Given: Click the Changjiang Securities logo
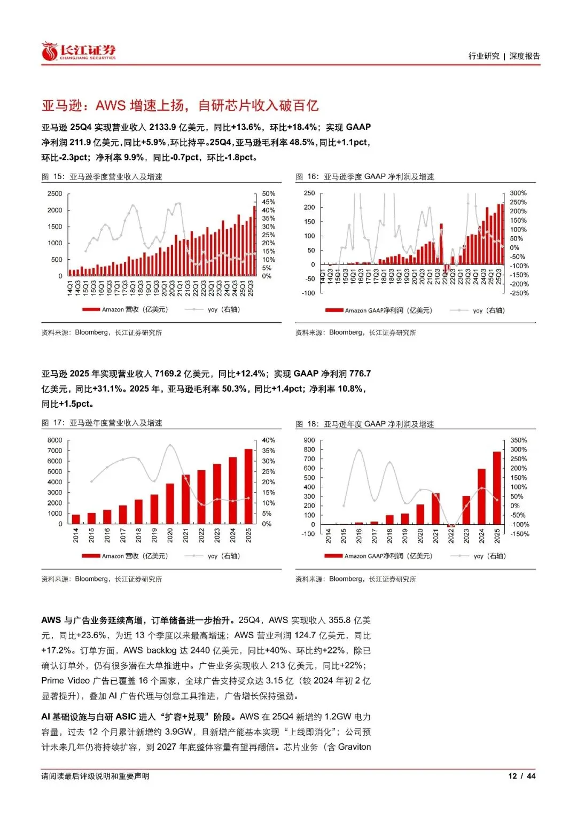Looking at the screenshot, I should pos(79,52).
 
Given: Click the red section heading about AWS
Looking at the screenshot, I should pos(180,105).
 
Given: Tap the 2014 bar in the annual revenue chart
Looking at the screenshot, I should pos(76,519).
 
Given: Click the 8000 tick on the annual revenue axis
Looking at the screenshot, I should pos(55,440).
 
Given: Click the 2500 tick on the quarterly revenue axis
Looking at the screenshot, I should pos(55,193).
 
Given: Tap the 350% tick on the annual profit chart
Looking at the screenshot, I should pos(518,440).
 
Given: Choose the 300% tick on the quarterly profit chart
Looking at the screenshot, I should pos(518,193).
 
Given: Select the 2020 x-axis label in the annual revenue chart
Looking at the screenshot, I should pos(170,535).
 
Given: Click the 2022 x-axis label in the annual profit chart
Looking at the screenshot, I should pos(451,536).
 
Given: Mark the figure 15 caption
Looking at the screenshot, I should pos(102,177).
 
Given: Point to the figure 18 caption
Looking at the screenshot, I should pos(365,424).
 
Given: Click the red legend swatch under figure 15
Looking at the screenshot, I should pos(91,309).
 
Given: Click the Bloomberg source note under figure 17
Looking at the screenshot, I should pos(102,579).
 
